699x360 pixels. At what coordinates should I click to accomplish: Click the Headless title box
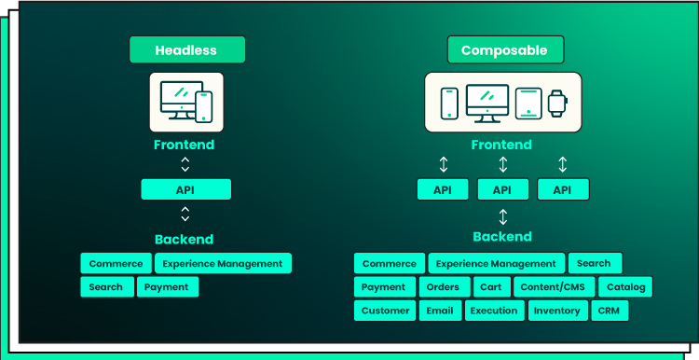(x=187, y=49)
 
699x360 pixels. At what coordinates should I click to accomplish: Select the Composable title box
(x=505, y=49)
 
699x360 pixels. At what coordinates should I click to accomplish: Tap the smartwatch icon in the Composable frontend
(x=557, y=104)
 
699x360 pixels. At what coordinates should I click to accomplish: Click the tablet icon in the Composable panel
(x=528, y=104)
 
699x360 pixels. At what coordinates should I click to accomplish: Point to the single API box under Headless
(x=185, y=189)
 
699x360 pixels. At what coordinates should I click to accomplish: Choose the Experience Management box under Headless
(x=223, y=263)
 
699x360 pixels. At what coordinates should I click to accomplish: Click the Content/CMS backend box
(x=555, y=287)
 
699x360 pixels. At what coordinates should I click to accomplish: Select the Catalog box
(x=625, y=287)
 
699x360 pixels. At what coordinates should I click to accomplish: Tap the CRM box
(x=610, y=311)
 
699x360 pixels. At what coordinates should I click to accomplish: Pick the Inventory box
(x=557, y=311)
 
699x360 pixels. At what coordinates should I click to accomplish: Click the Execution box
(x=494, y=311)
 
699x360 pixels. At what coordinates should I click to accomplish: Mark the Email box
(x=440, y=311)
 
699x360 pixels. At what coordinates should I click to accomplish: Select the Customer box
(x=385, y=311)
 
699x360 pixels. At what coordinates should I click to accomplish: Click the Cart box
(x=492, y=287)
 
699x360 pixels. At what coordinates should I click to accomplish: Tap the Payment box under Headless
(x=168, y=287)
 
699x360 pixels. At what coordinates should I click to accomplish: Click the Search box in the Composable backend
(x=596, y=263)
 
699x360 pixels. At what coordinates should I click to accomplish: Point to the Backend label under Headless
(x=185, y=240)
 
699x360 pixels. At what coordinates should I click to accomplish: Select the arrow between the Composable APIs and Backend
(x=503, y=216)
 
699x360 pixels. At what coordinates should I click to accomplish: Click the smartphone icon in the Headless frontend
(x=204, y=106)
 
